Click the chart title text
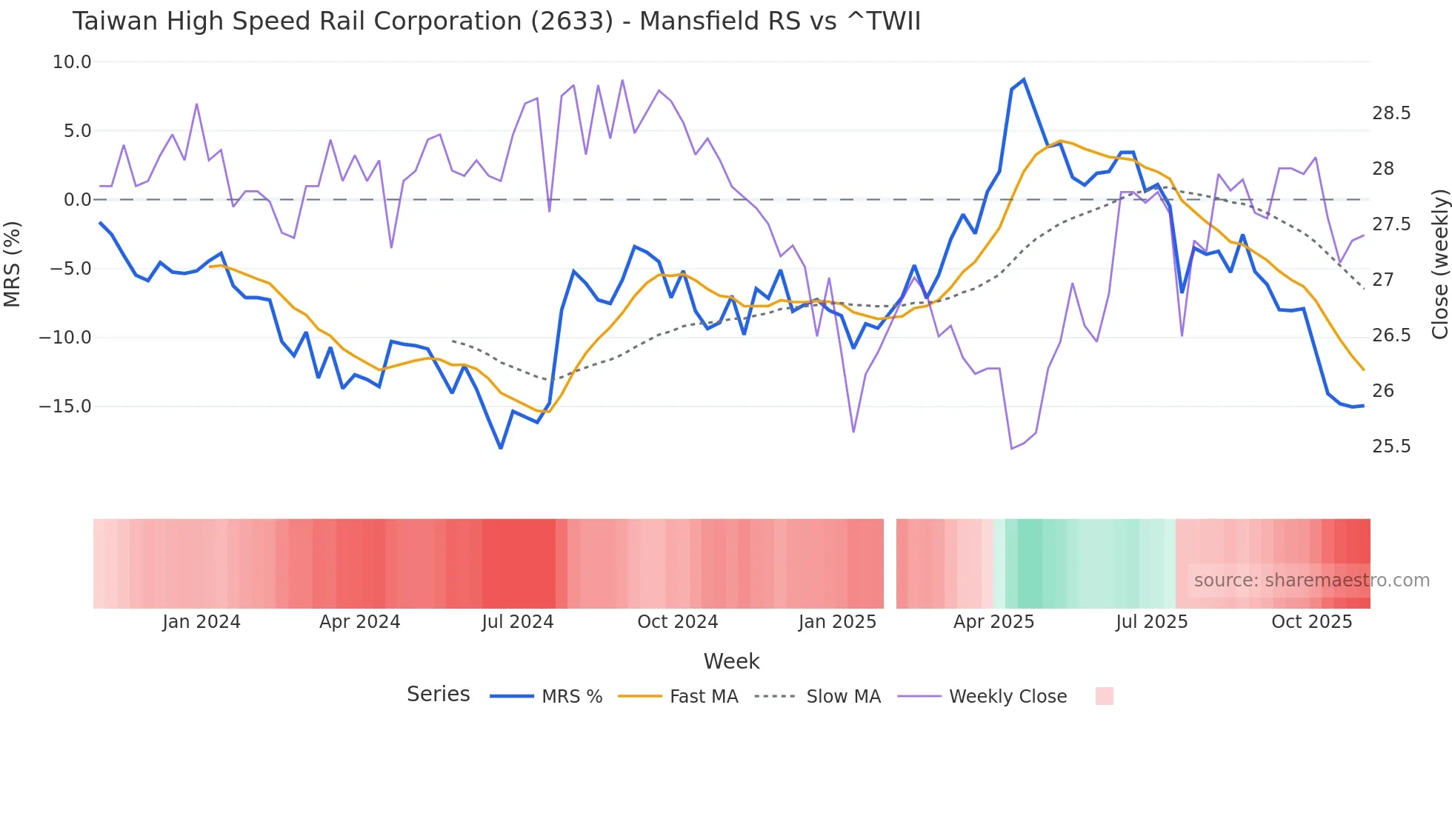click(x=496, y=21)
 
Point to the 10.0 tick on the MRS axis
click(x=72, y=62)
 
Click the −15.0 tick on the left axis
click(x=65, y=407)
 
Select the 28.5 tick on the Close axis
click(x=1391, y=113)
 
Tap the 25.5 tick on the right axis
click(x=1391, y=447)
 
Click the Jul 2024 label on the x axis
click(x=517, y=622)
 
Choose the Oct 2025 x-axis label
click(x=1311, y=622)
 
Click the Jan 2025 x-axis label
click(x=837, y=622)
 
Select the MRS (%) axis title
click(x=13, y=264)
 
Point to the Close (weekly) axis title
click(x=1439, y=264)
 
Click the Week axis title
click(x=731, y=661)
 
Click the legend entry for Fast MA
click(x=703, y=697)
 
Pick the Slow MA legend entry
click(x=843, y=697)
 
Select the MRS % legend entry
click(x=571, y=697)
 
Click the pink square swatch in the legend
click(x=1104, y=696)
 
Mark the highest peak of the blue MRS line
click(x=1024, y=79)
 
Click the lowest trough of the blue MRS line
click(x=501, y=448)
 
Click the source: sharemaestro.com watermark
click(x=1311, y=581)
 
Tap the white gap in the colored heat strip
click(x=890, y=563)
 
